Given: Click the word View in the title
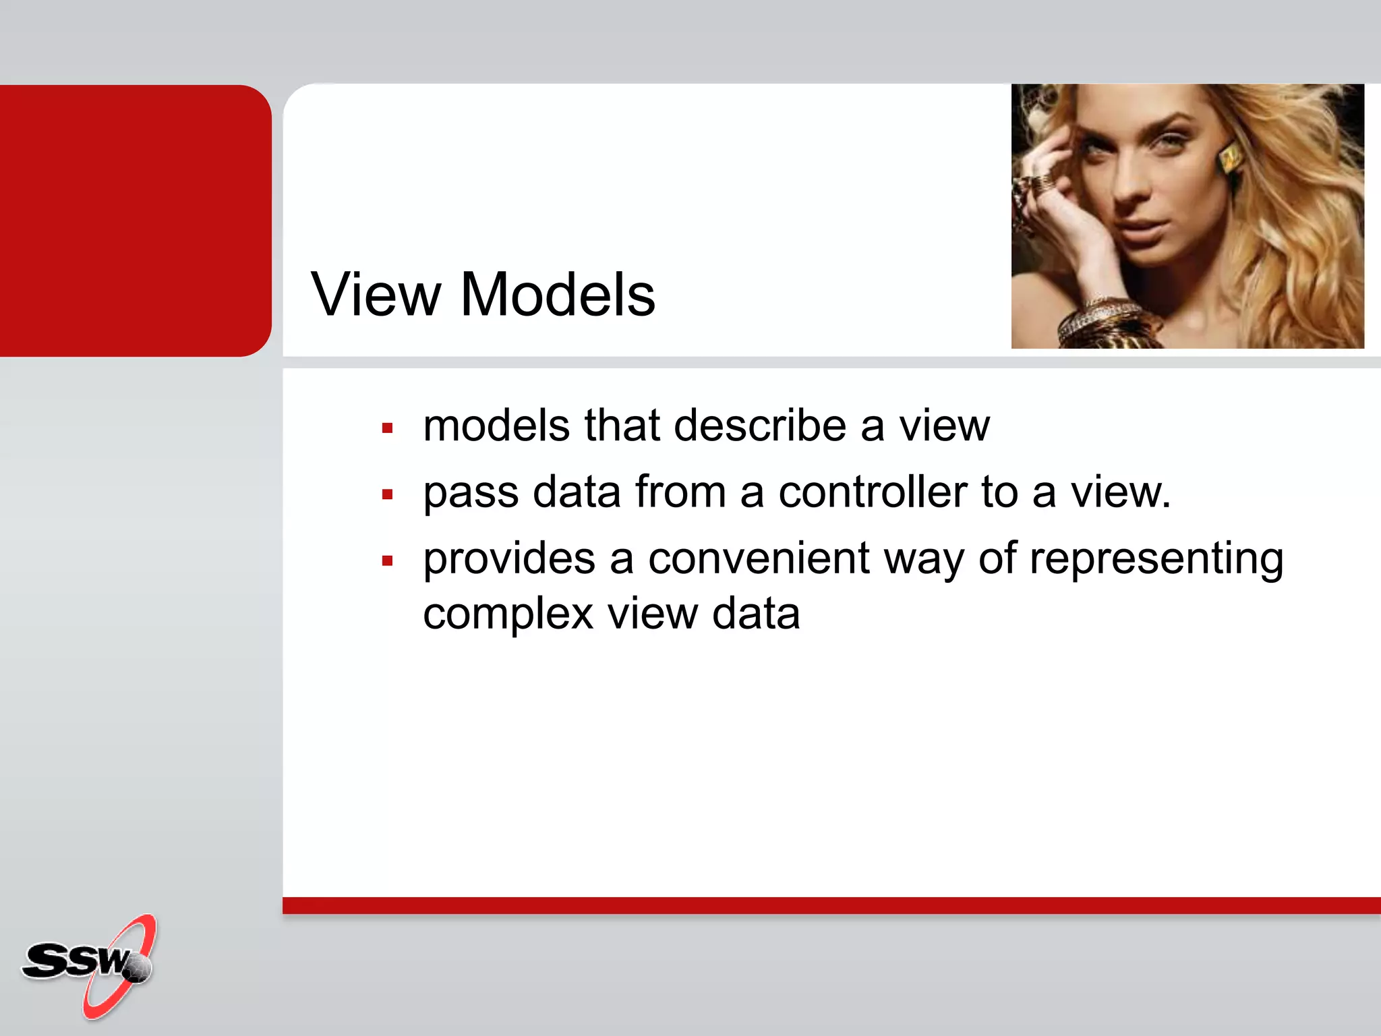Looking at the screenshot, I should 376,295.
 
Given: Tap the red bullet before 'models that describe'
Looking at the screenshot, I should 387,428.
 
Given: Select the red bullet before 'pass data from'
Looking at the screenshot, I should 387,494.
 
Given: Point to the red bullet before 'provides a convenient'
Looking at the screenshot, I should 387,560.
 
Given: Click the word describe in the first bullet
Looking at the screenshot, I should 760,426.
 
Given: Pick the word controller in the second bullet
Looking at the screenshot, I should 873,492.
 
